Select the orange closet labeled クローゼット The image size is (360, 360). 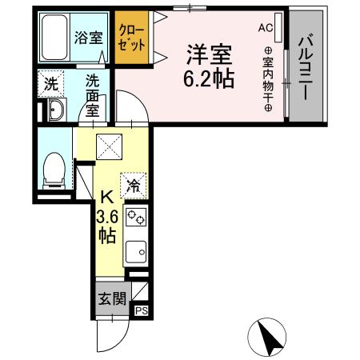(130, 38)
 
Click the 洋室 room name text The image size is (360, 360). (210, 54)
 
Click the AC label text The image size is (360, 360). (265, 27)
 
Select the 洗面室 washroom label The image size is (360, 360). (93, 94)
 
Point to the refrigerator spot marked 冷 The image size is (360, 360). (134, 186)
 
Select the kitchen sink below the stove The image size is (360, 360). (137, 252)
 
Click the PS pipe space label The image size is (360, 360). (141, 312)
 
